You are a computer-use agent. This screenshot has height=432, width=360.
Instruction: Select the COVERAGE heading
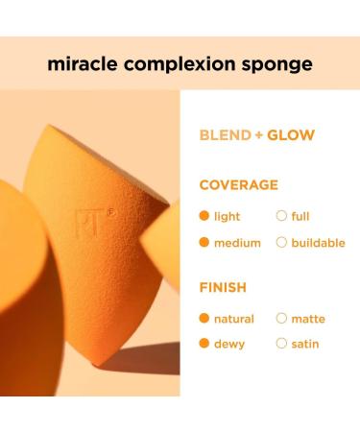tap(238, 185)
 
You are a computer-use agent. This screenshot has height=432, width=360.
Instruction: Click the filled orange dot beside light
tap(204, 217)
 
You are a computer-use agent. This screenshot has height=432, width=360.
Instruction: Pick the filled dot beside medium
tap(204, 243)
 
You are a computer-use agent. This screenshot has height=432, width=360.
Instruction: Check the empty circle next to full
tap(281, 217)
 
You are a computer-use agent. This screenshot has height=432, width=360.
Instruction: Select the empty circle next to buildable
tap(281, 243)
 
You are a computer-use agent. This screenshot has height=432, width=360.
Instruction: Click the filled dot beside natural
tap(204, 319)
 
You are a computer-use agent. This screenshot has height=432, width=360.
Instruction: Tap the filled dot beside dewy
tap(204, 344)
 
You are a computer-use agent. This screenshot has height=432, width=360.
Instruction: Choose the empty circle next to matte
tap(281, 319)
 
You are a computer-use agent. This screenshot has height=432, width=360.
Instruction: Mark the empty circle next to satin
tap(281, 344)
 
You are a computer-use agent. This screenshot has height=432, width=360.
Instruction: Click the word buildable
tap(318, 243)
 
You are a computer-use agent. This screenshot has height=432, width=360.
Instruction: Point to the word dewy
tap(229, 344)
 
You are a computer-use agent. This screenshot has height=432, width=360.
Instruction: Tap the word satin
tap(305, 344)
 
